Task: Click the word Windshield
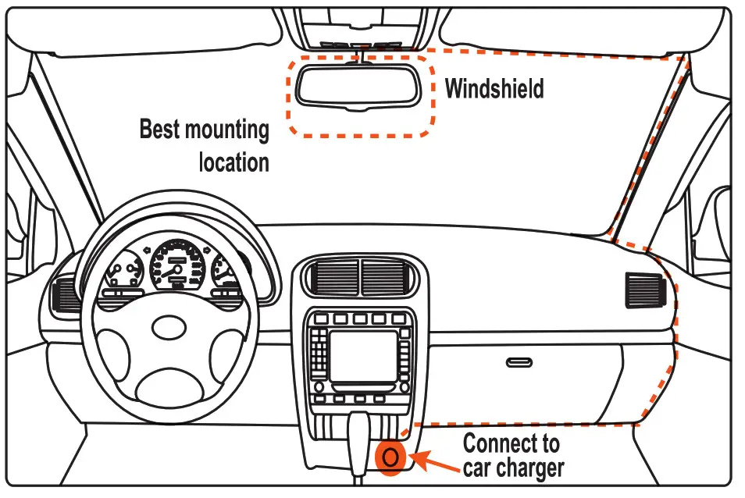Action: point(494,88)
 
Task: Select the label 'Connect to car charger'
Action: point(512,456)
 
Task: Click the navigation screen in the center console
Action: point(362,356)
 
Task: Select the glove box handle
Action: point(519,362)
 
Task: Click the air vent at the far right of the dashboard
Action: point(645,290)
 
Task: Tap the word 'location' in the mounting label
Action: point(233,162)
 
